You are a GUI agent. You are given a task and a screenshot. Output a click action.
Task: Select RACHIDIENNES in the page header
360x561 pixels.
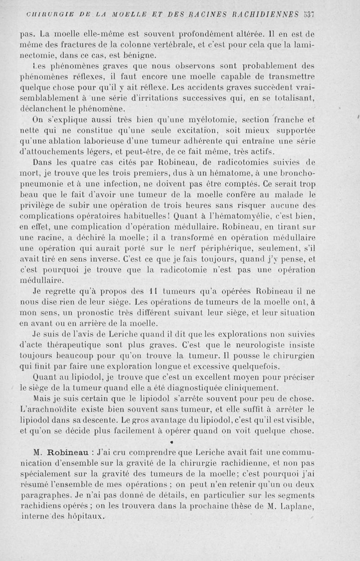(x=268, y=14)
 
